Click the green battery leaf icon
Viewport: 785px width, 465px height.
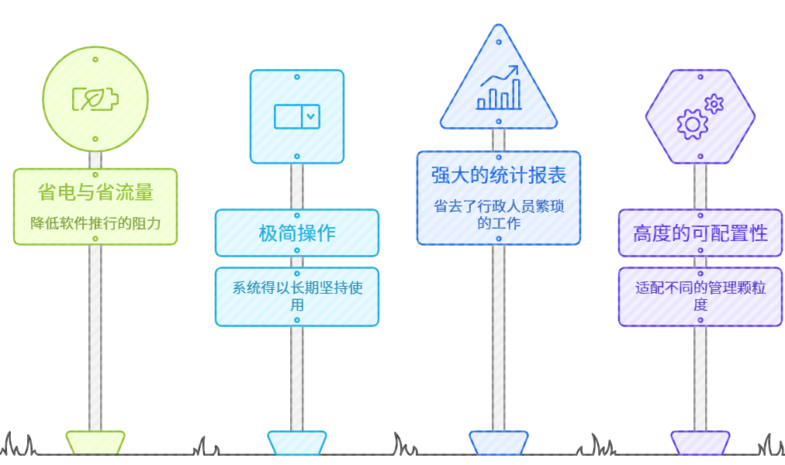click(95, 99)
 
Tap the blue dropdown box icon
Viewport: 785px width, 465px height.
click(297, 116)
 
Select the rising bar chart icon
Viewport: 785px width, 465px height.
click(499, 88)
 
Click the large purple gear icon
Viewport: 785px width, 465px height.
click(692, 124)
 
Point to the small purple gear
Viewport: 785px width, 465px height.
click(714, 103)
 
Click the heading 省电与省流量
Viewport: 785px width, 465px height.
click(95, 191)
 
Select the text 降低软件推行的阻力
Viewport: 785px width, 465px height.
click(95, 223)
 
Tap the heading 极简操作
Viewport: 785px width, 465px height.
click(297, 232)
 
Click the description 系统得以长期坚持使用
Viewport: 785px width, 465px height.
click(297, 296)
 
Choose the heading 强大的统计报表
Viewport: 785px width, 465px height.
click(499, 175)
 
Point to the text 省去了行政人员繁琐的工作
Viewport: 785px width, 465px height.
click(499, 215)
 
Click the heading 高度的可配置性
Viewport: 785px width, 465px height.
click(700, 232)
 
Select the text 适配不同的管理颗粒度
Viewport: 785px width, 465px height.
click(700, 296)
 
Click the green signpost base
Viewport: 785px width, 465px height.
click(95, 443)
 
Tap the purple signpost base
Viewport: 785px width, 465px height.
click(700, 443)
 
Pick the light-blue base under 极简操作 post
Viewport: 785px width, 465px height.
click(297, 443)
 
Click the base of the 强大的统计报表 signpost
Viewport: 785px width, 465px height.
click(499, 443)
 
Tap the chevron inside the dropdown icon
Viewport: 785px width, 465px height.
click(310, 116)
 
